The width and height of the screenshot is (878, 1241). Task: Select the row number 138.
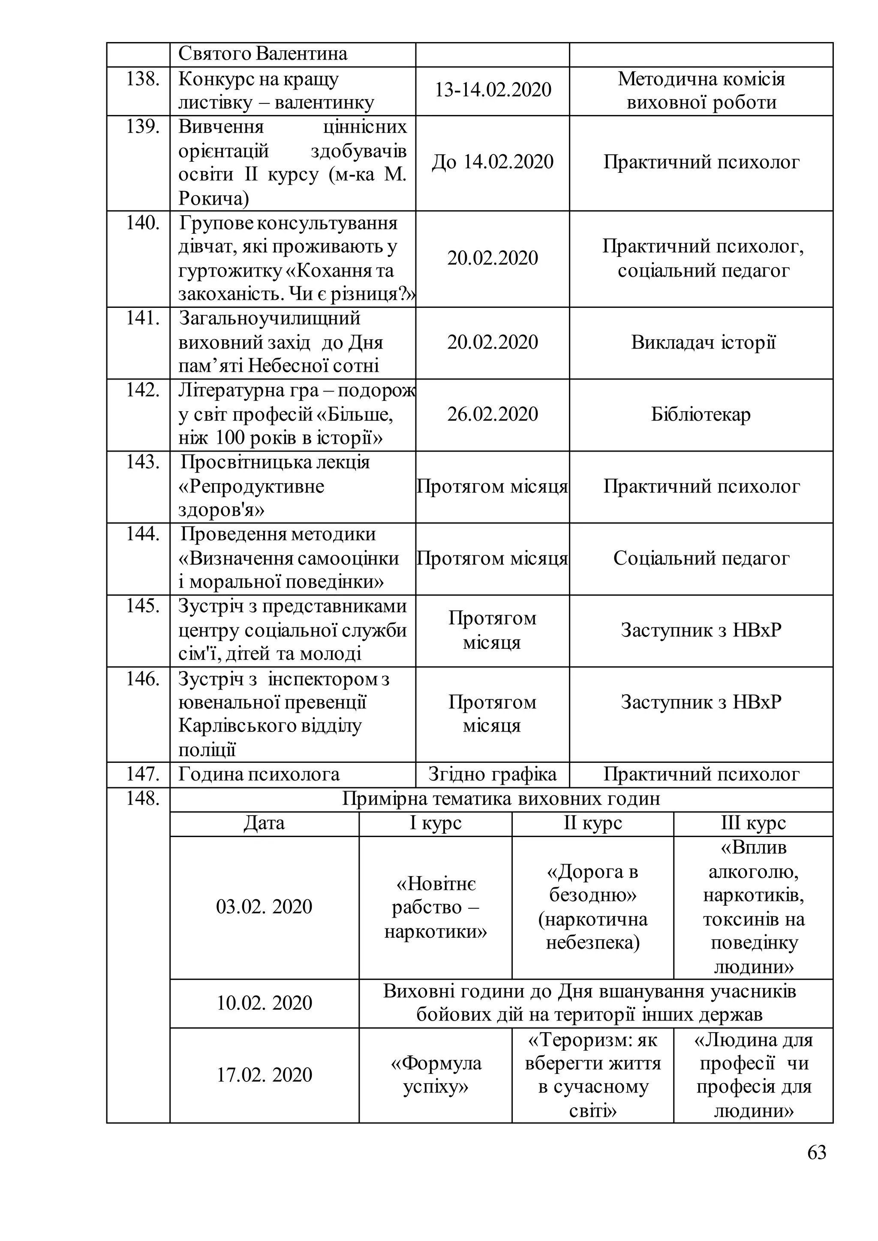click(143, 79)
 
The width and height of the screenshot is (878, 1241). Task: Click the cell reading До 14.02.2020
click(493, 162)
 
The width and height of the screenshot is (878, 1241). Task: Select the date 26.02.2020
click(493, 414)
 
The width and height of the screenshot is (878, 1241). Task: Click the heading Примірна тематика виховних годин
click(501, 799)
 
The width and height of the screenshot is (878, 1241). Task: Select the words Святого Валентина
click(263, 54)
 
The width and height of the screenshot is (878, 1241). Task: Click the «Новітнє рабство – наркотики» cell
click(436, 908)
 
